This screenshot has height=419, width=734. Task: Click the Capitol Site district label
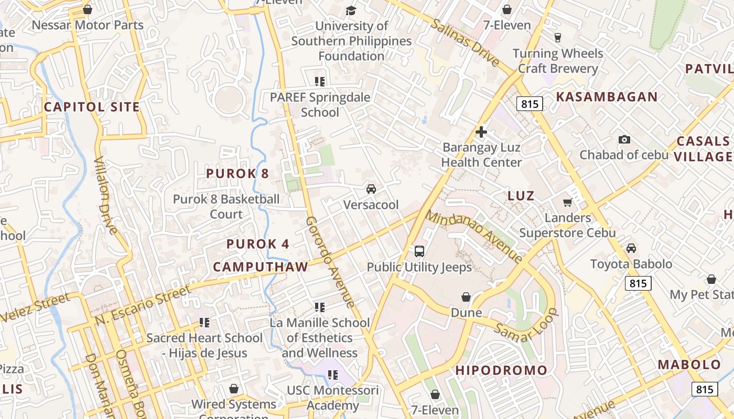[x=92, y=107]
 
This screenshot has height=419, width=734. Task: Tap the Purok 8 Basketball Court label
[x=226, y=207]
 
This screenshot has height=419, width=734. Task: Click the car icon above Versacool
[x=371, y=189]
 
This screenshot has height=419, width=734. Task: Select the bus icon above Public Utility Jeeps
[x=419, y=251]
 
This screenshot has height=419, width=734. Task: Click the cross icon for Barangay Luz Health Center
[x=481, y=132]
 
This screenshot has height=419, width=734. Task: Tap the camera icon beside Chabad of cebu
[x=624, y=139]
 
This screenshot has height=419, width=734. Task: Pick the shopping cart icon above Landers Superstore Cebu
[x=567, y=202]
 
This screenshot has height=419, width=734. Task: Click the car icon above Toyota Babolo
[x=631, y=248]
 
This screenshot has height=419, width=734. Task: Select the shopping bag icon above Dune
[x=466, y=297]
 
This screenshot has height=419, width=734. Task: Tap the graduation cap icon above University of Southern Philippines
[x=351, y=10]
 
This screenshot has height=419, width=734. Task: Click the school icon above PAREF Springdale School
[x=320, y=81]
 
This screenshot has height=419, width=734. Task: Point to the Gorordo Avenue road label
[x=330, y=262]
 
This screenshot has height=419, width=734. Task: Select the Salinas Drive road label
[x=465, y=43]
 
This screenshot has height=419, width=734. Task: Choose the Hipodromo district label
[x=501, y=370]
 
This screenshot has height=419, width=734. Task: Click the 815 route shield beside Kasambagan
[x=529, y=104]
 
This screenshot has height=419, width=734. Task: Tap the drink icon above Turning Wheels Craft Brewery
[x=557, y=37]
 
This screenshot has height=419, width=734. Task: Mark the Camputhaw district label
[x=261, y=267]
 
